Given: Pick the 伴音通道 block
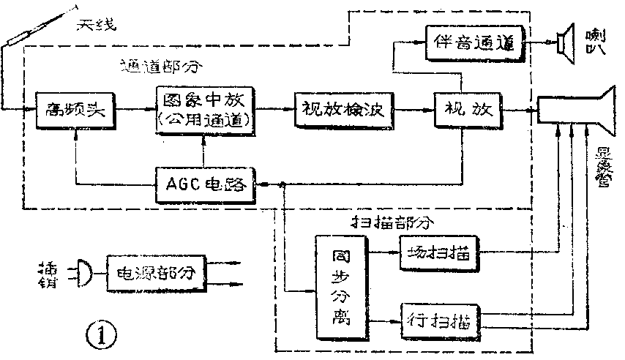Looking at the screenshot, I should [x=475, y=42].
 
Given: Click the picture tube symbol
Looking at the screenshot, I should [x=578, y=111].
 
